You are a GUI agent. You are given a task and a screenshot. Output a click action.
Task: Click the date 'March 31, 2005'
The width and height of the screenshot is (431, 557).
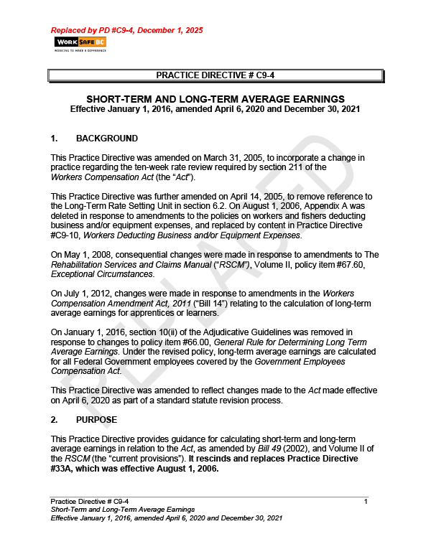(x=219, y=157)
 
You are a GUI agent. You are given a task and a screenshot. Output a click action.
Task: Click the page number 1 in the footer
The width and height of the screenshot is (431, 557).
(x=366, y=500)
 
